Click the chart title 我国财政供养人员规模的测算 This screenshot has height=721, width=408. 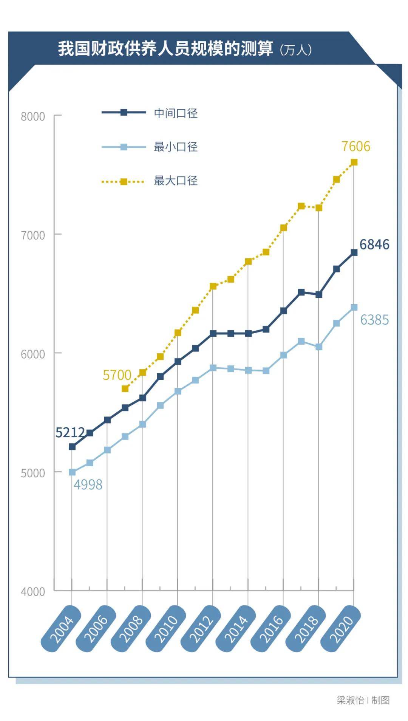(165, 49)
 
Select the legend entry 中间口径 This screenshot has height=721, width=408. (175, 113)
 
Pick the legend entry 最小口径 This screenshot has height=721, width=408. (175, 147)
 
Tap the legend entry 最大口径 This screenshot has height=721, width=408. (175, 181)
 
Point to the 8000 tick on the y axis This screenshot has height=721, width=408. (33, 116)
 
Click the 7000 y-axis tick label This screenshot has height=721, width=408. (33, 235)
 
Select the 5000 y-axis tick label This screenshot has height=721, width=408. (33, 473)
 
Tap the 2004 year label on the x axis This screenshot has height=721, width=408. (61, 628)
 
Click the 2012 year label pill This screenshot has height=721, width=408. (201, 628)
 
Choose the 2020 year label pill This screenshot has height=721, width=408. (341, 628)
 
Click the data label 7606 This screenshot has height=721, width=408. (355, 146)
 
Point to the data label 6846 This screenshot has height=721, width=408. (374, 244)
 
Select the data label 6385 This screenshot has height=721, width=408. (374, 320)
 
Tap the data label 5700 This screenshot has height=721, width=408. (117, 375)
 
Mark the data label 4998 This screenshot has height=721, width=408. (88, 484)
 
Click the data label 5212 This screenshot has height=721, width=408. (70, 432)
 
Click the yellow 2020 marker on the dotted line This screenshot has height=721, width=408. (354, 162)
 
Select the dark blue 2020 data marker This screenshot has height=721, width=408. (354, 252)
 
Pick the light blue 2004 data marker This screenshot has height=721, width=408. (72, 472)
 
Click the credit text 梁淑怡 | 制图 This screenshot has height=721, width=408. (363, 700)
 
